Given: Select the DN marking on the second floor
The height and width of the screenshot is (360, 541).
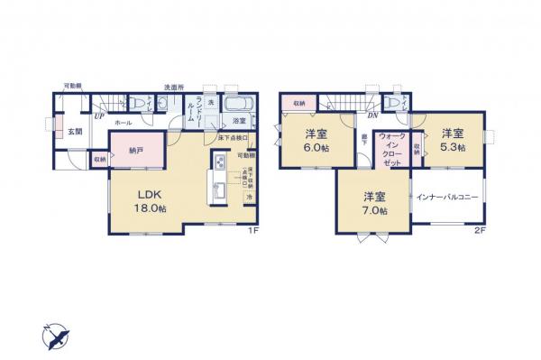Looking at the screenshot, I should pyautogui.click(x=371, y=115).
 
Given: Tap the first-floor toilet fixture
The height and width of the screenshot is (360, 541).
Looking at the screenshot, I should pyautogui.click(x=138, y=104).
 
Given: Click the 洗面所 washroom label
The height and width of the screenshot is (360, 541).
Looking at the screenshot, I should pyautogui.click(x=174, y=88).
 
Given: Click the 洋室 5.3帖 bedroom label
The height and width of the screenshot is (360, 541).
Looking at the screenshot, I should pyautogui.click(x=453, y=141).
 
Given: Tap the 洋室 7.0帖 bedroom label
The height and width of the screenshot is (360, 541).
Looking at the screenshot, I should pyautogui.click(x=375, y=204).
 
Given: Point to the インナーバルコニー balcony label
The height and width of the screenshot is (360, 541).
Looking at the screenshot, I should pyautogui.click(x=446, y=197).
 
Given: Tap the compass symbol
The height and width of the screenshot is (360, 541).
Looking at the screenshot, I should pyautogui.click(x=55, y=337).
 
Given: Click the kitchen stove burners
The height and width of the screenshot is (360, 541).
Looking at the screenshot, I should pyautogui.click(x=219, y=163).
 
